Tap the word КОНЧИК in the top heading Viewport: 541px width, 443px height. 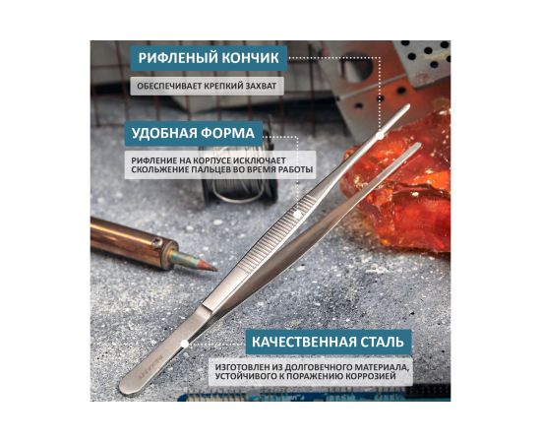click(x=250, y=58)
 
